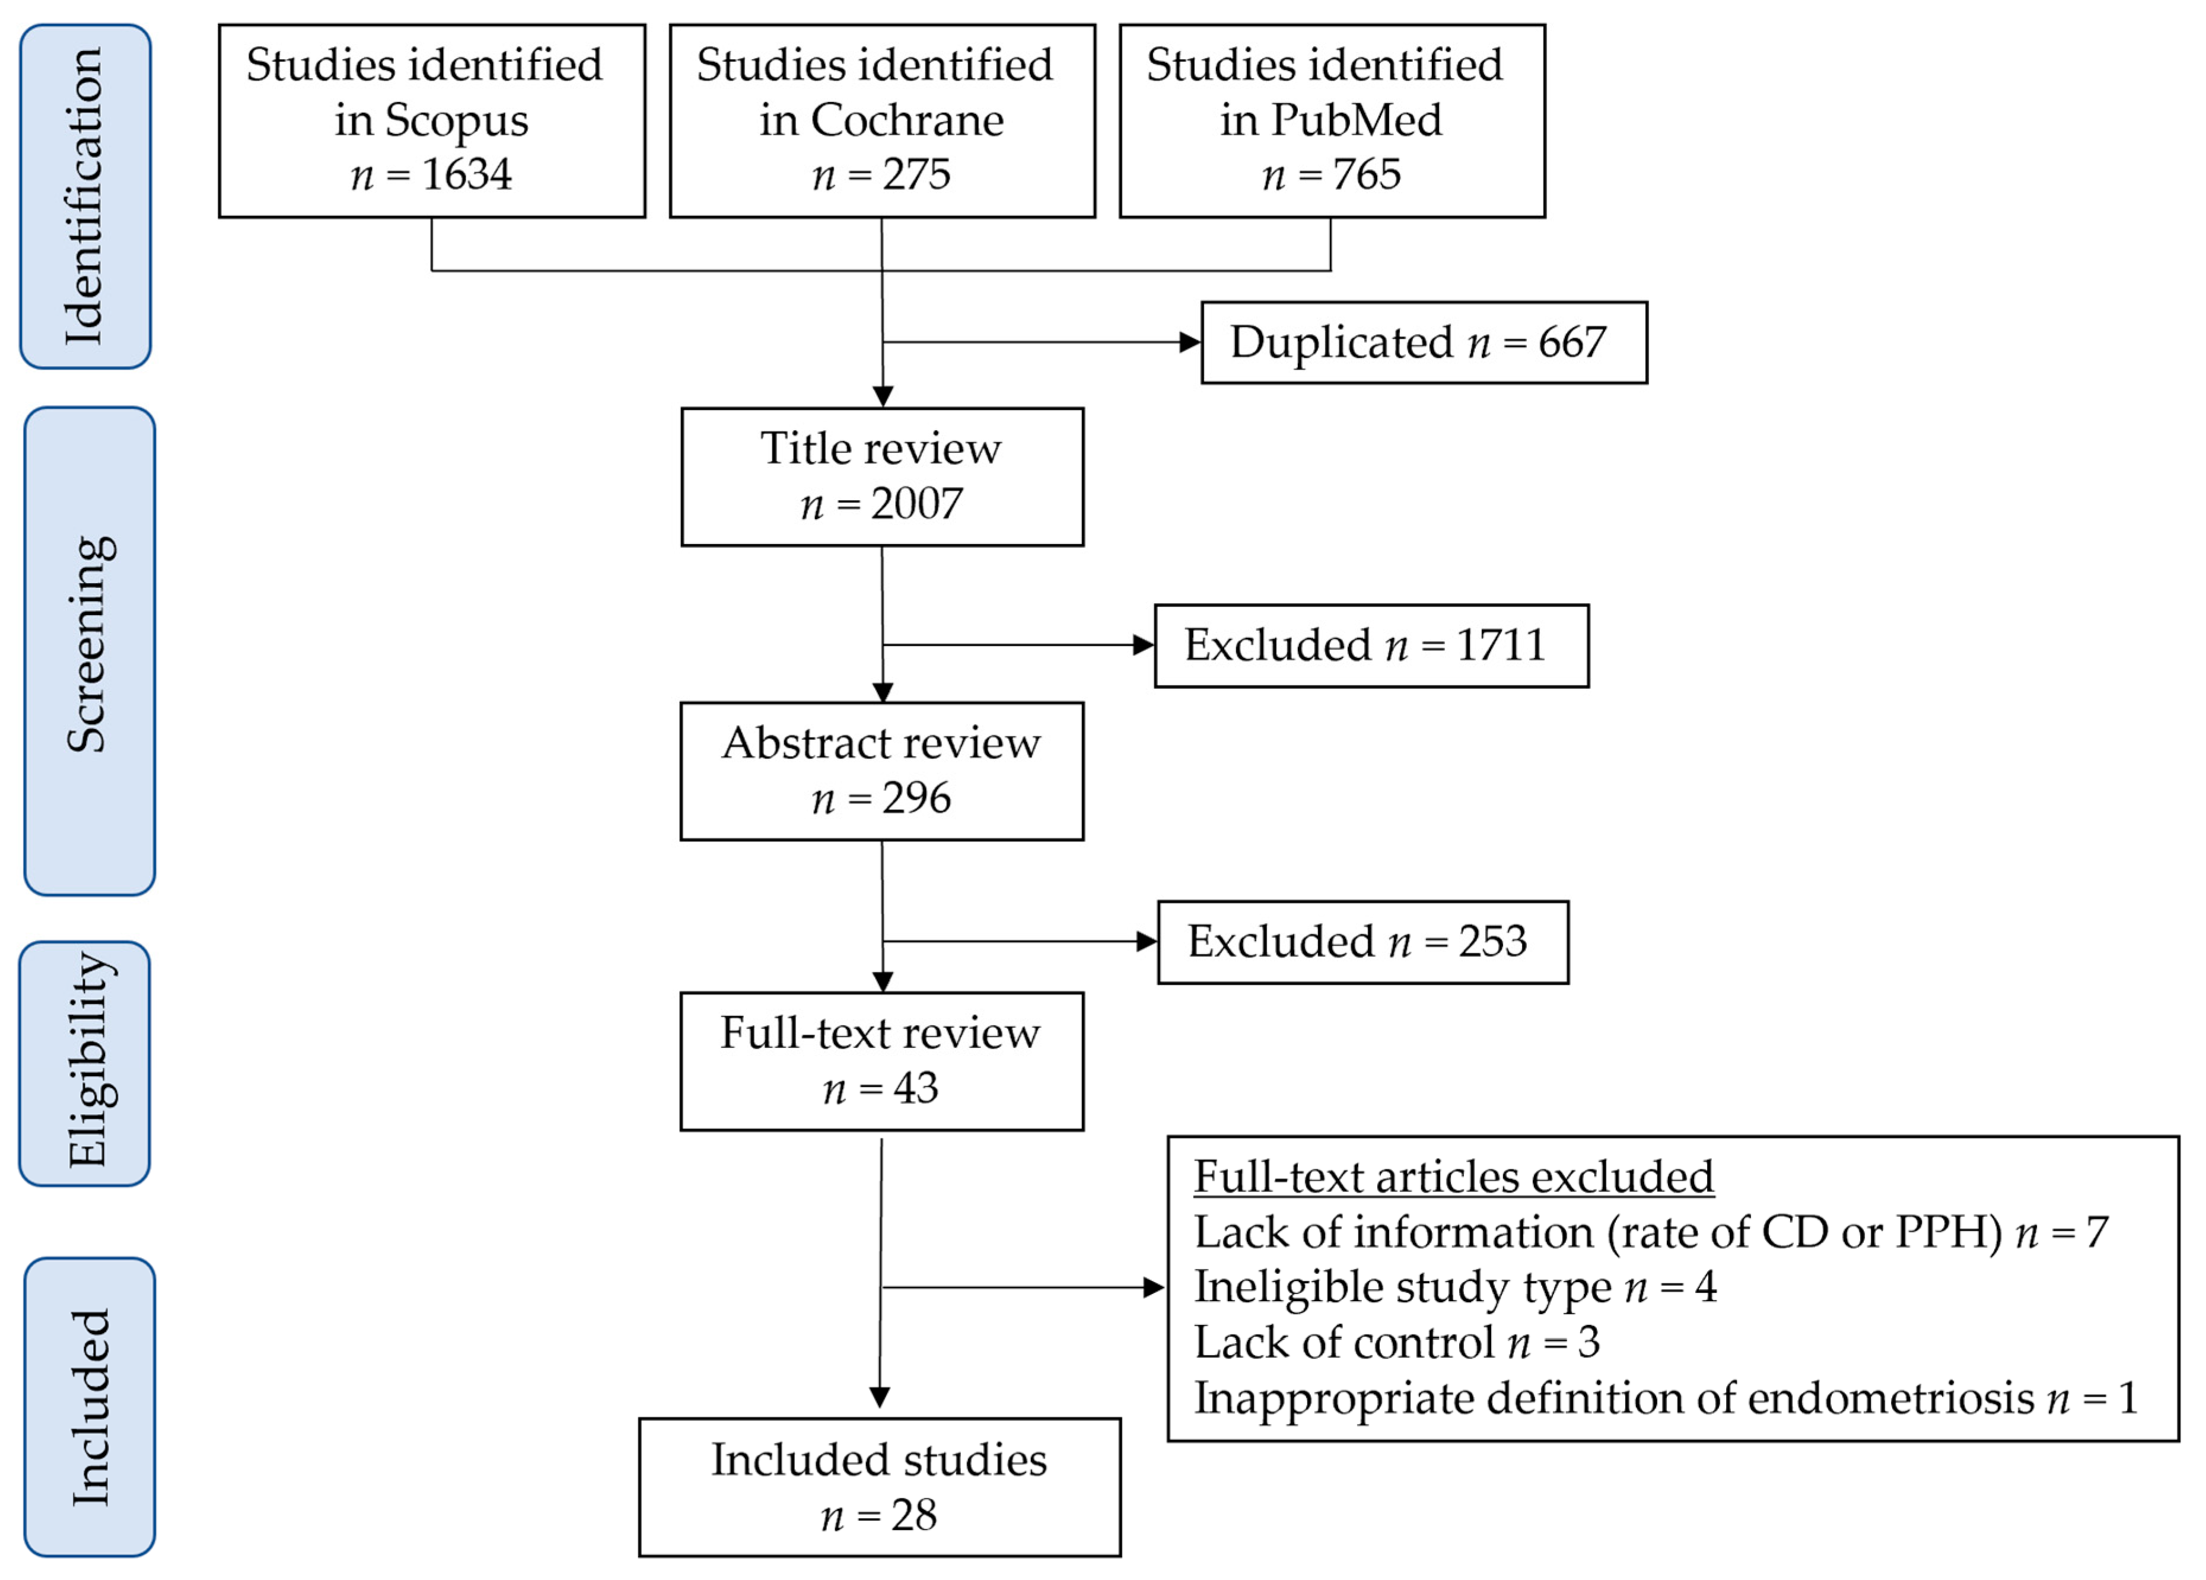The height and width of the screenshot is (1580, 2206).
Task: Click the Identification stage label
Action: coord(85,196)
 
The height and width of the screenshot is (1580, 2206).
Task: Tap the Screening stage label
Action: coord(90,645)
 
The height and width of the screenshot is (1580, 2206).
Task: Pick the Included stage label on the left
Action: coord(90,1408)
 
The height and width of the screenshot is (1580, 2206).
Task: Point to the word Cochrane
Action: coord(906,120)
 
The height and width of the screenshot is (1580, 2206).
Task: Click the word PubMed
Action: coord(1356,120)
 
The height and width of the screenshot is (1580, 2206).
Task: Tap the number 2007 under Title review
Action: coord(916,504)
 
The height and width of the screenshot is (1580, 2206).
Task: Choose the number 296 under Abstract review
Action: coord(916,799)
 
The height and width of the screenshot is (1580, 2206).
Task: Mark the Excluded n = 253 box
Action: coord(1362,942)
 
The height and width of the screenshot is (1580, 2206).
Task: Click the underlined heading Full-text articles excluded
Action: coord(1453,1177)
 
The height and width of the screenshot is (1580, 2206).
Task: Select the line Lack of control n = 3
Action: coord(1397,1343)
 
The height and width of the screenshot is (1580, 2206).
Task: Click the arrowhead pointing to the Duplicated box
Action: coord(1189,342)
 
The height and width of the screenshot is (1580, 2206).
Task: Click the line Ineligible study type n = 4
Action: coord(1455,1287)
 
